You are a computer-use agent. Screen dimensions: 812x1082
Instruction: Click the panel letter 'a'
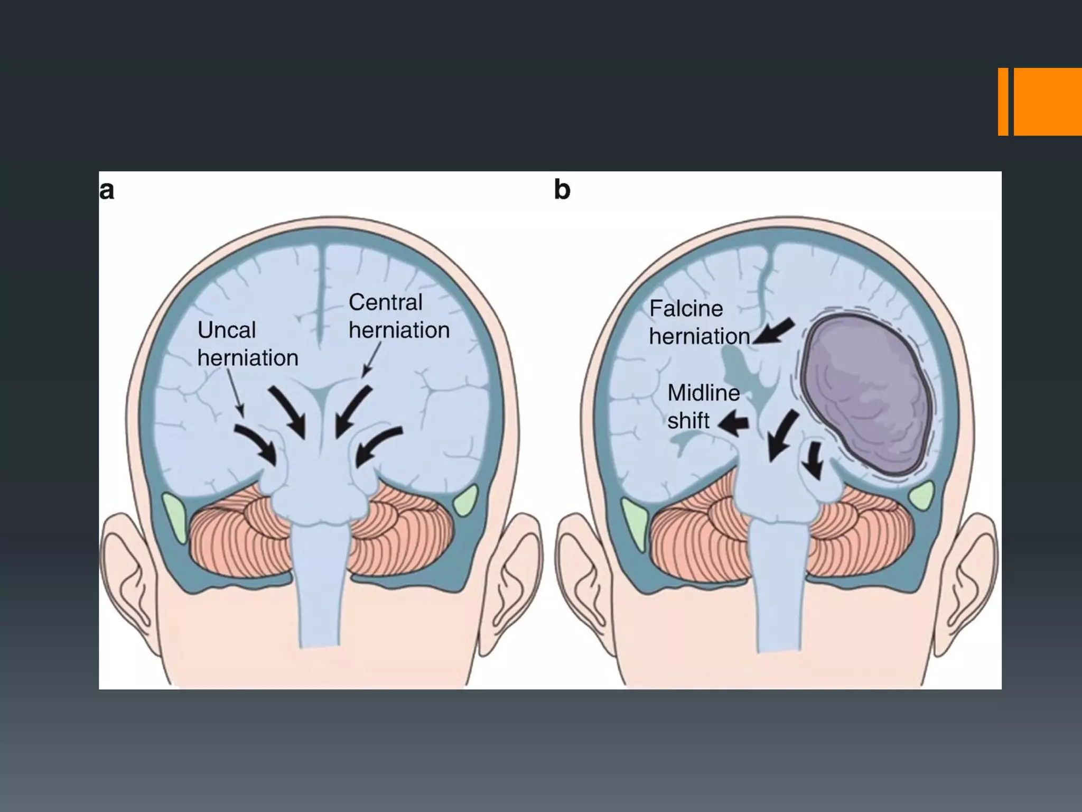click(x=107, y=190)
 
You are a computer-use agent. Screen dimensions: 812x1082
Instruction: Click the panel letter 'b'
click(x=562, y=190)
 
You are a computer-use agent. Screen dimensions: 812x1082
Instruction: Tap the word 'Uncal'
click(x=226, y=330)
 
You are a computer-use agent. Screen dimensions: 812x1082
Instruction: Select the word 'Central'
click(x=386, y=302)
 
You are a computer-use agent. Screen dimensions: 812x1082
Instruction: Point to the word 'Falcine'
click(x=686, y=309)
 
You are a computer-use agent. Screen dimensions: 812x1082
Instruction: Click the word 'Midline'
click(x=703, y=393)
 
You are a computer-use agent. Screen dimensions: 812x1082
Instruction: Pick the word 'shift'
click(x=688, y=421)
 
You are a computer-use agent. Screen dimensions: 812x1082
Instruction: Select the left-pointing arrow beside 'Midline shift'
click(x=734, y=422)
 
